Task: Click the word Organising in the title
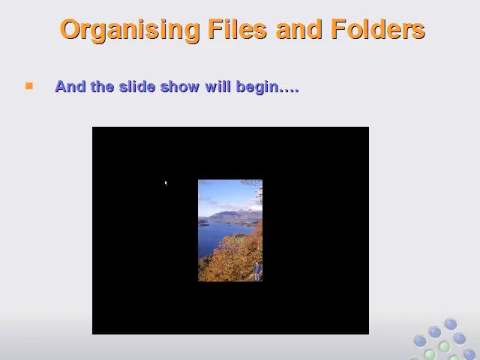click(x=130, y=30)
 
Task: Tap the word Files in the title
click(x=237, y=28)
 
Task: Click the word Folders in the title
click(x=378, y=28)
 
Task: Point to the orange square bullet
click(x=29, y=86)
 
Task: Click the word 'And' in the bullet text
click(x=70, y=87)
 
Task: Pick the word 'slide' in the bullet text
click(x=137, y=87)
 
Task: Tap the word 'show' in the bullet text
click(x=180, y=87)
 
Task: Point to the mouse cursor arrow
click(x=166, y=183)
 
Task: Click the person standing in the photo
click(x=257, y=271)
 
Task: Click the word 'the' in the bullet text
click(x=102, y=87)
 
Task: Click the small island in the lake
click(x=204, y=225)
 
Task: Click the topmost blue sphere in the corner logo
click(x=451, y=324)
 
